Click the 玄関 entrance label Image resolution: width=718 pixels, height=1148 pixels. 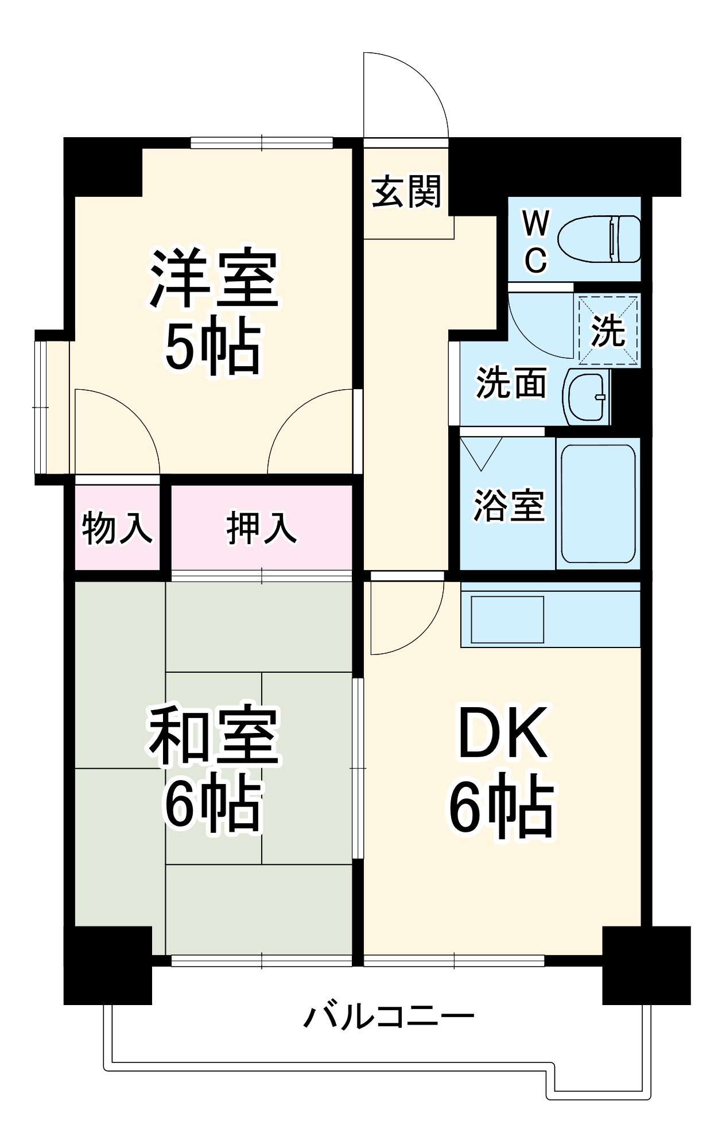(x=406, y=192)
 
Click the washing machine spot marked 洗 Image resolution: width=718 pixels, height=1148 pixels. (x=608, y=330)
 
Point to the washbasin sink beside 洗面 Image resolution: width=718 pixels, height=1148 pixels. (x=587, y=397)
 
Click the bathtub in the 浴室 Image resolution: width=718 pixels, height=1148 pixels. (x=598, y=503)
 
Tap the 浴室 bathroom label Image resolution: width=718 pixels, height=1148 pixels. (x=509, y=506)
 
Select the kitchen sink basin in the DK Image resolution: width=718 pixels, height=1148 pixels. (x=507, y=619)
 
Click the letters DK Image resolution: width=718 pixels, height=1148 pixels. (x=503, y=733)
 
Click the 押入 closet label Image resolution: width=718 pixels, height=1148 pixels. (x=262, y=528)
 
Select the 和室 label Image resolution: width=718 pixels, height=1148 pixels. (x=214, y=735)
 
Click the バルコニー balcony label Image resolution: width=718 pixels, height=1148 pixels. (x=389, y=1017)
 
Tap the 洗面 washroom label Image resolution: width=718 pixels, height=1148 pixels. (x=511, y=383)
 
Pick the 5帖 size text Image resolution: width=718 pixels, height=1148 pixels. (x=213, y=346)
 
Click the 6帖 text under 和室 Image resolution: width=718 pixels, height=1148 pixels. (x=213, y=804)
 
